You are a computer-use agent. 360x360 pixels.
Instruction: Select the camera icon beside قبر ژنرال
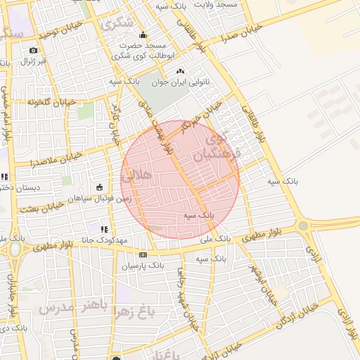click(33, 51)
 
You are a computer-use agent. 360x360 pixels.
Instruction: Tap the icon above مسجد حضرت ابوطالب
click(144, 35)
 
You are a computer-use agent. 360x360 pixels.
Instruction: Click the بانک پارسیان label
click(143, 266)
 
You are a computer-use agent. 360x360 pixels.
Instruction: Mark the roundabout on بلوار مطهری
click(303, 226)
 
